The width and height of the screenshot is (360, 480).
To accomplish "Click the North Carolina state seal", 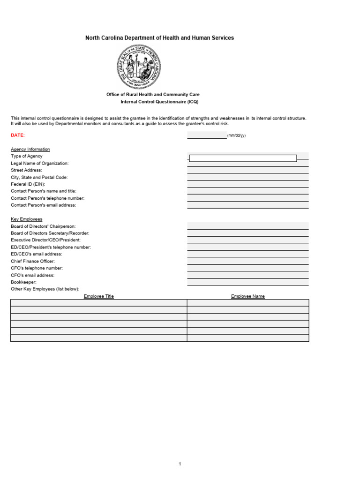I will [140, 67].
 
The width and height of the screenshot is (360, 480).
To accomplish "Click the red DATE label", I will [18, 135].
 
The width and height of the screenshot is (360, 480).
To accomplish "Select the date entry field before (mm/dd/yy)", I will [207, 135].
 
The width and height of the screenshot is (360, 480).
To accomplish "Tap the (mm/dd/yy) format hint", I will [236, 135].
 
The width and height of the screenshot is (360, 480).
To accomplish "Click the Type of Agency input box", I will [243, 158].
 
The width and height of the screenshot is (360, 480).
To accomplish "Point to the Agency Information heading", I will [30, 149].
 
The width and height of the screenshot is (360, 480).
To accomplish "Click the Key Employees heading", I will [27, 219].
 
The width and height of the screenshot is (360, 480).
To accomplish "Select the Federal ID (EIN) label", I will [28, 184].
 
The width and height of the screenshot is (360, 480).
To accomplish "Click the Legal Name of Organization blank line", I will [247, 164].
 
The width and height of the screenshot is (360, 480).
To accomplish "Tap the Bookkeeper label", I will [23, 282].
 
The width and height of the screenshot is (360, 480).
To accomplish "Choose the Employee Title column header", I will [98, 296].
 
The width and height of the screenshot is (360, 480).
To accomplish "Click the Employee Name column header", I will [247, 296].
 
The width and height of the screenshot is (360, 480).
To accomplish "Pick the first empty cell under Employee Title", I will [98, 303].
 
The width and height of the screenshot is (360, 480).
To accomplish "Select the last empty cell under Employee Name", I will [247, 338].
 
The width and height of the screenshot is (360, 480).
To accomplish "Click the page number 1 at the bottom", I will [180, 464].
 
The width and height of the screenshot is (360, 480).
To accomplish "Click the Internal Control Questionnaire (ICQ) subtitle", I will [160, 102].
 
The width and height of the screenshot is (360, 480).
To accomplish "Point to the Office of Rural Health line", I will [153, 95].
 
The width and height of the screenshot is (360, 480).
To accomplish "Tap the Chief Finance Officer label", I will [33, 261].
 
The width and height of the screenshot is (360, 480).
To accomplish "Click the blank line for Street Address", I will [247, 171].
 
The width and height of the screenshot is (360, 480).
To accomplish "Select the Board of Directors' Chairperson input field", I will [247, 226].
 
